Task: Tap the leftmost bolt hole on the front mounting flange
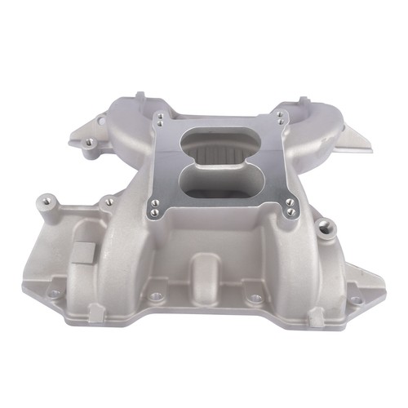point(54,294)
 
